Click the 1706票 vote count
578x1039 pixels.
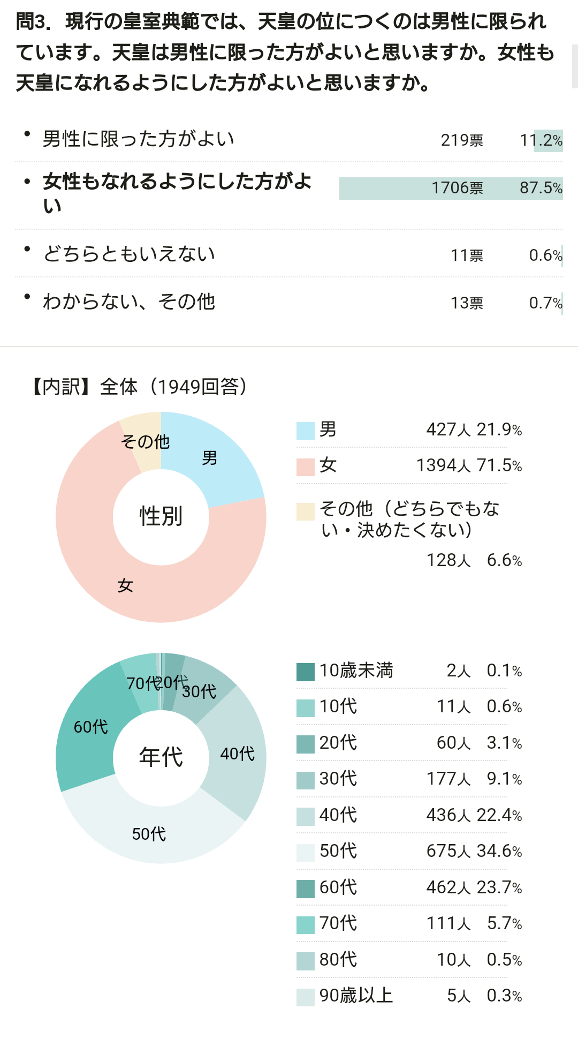457,188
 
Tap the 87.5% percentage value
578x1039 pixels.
541,188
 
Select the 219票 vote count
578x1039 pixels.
461,140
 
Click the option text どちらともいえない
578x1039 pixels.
129,253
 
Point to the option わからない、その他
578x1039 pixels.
129,302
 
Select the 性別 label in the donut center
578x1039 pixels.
161,516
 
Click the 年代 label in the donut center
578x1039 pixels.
161,757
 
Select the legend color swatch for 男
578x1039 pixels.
305,431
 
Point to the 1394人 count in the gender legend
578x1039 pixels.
443,465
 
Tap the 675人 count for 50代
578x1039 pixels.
448,851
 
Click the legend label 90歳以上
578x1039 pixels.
356,996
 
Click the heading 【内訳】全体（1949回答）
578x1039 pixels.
139,387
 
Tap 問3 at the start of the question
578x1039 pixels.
33,21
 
